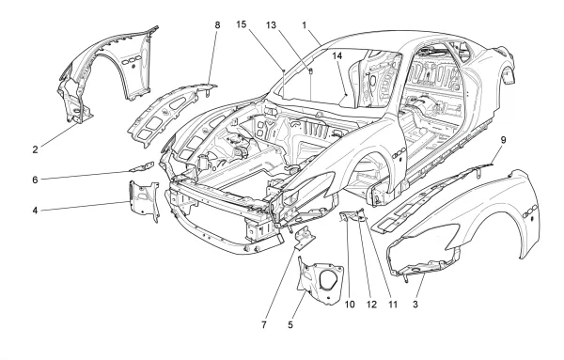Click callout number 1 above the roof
coord(305,25)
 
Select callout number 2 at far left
coord(35,149)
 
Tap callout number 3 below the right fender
coord(415,305)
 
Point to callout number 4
coord(35,210)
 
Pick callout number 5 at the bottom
coord(290,325)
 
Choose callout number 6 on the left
coord(35,180)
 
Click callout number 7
coord(264,325)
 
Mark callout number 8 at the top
coord(217,25)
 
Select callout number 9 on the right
coord(503,140)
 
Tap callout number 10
coord(350,305)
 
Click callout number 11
coord(393,305)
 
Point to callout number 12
coord(371,305)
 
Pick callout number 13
coord(271,25)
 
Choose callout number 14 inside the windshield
coord(337,55)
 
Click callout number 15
coord(242,24)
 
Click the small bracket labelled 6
coord(142,167)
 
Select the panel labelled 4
coord(144,201)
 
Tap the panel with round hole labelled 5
coord(321,280)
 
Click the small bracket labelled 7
coord(304,239)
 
